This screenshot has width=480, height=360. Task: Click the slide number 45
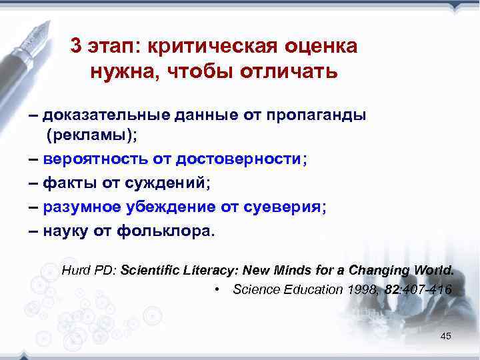[445, 336]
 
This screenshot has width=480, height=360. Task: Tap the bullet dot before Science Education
[217, 290]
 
